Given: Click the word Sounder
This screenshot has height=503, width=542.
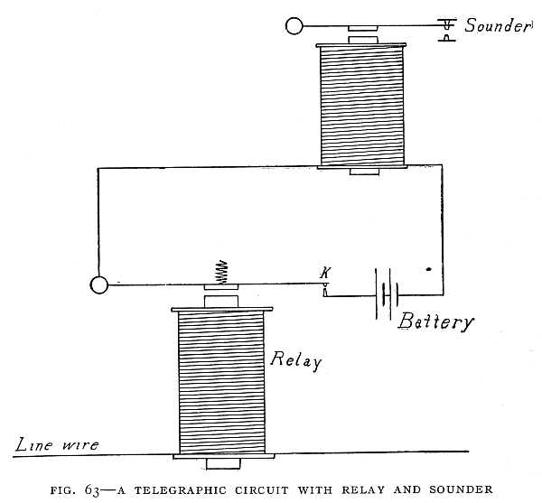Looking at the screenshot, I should point(497,25).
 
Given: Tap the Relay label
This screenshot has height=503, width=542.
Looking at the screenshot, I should point(296,359).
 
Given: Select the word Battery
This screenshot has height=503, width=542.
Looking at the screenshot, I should point(434,321).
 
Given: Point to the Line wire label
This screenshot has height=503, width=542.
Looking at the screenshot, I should point(56,443).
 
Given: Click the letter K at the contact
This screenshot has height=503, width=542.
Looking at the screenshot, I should point(325,272).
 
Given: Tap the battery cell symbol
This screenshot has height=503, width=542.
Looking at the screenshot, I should point(388,294).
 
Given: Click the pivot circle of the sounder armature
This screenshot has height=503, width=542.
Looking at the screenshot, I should point(294,26).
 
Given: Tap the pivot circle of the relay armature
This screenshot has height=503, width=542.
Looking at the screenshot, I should point(99,285).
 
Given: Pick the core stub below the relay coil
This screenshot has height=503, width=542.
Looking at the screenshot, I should point(222,464).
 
